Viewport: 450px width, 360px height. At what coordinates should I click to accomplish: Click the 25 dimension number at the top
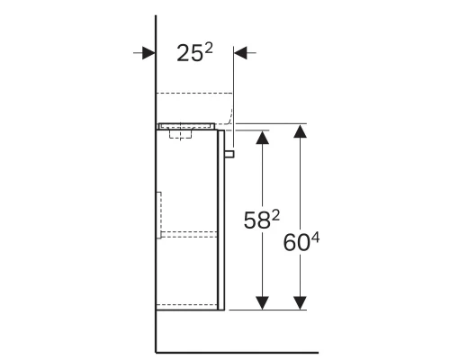(188, 55)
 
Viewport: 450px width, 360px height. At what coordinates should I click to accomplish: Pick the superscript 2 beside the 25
(210, 48)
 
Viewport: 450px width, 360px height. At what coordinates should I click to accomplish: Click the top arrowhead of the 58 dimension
(262, 138)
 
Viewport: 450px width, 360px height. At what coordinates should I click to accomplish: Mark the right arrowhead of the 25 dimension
(241, 54)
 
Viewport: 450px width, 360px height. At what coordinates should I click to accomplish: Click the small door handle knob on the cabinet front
(229, 154)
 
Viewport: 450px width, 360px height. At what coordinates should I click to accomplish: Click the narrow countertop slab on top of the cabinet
(189, 127)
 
